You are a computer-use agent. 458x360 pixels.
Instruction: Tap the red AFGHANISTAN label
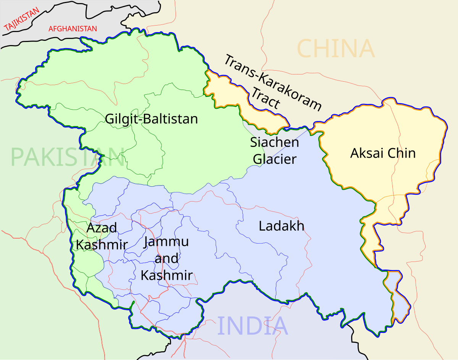(x=73, y=29)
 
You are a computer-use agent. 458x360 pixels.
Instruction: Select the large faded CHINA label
(x=335, y=49)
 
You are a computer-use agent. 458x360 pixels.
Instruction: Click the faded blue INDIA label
(x=252, y=326)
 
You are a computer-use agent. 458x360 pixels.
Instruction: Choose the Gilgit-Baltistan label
(x=152, y=119)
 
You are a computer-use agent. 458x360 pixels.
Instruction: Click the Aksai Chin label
(x=382, y=153)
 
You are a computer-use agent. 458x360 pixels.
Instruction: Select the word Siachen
(x=274, y=142)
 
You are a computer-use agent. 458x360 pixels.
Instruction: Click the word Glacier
(x=274, y=159)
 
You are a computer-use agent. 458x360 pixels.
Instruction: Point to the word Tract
(x=266, y=99)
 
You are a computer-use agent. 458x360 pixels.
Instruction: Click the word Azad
(x=102, y=228)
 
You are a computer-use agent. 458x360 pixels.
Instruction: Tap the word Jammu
(x=166, y=242)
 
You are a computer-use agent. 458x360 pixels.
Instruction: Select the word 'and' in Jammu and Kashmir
(x=166, y=258)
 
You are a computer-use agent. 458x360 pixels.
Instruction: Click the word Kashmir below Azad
(x=102, y=244)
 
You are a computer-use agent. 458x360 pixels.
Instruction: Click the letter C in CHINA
(x=306, y=49)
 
